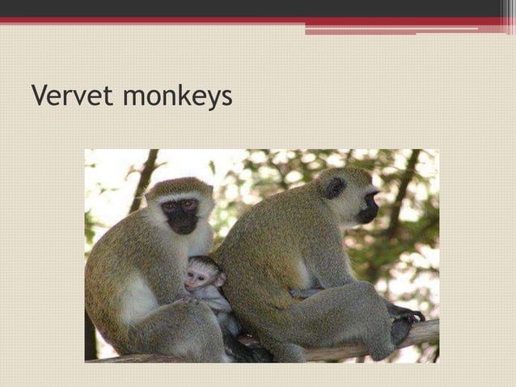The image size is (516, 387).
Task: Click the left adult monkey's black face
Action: coord(180,215)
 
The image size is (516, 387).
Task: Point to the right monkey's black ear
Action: coord(334,188)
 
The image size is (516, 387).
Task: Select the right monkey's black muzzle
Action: coord(369,211)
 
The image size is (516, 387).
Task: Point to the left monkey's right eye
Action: coord(171,206)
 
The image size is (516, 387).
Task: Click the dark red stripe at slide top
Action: coord(243,21)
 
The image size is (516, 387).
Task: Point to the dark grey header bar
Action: coord(243,8)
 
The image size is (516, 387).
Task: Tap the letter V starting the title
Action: coord(39,96)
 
